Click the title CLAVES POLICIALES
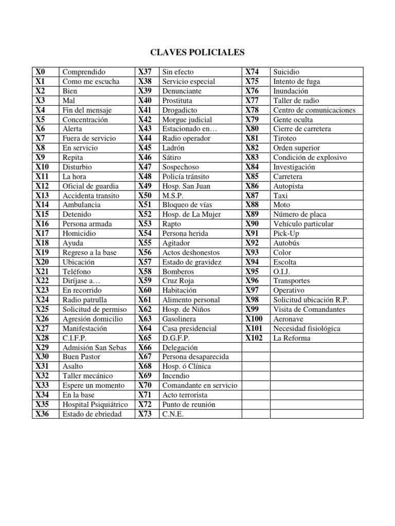click(x=197, y=52)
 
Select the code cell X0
click(x=40, y=72)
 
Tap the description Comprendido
click(x=83, y=72)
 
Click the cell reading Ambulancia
click(x=81, y=205)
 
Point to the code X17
click(x=42, y=233)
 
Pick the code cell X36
click(x=42, y=414)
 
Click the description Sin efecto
click(x=178, y=72)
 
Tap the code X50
click(x=145, y=195)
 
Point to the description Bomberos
click(x=178, y=271)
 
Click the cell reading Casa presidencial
click(x=189, y=328)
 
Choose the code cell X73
click(x=145, y=414)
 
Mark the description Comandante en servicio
click(x=200, y=385)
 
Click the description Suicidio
click(x=286, y=72)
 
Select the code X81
click(x=253, y=138)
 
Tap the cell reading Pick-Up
click(x=286, y=233)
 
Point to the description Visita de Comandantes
click(x=309, y=309)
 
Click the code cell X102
click(x=254, y=338)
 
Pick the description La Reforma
click(x=292, y=338)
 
